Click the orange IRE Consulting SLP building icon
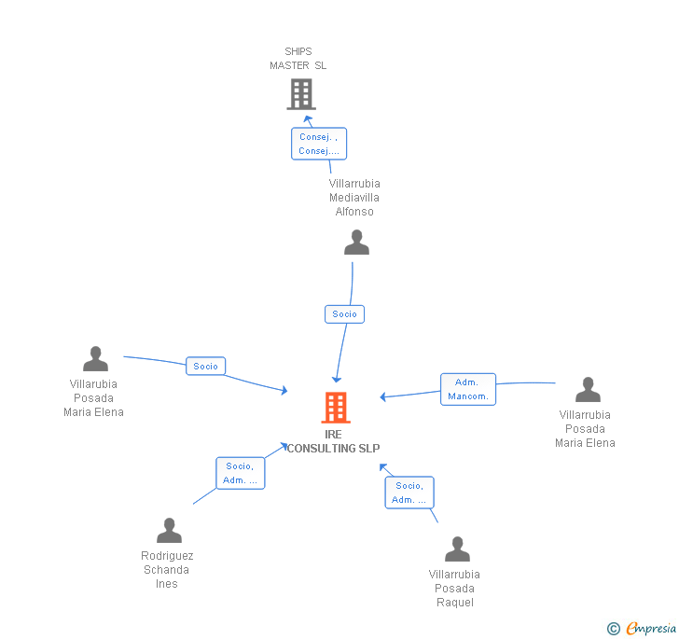pos(335,408)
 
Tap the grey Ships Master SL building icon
pos(300,94)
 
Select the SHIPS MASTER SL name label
pos(298,59)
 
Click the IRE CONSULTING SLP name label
pos(334,441)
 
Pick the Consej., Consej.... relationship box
pos(318,144)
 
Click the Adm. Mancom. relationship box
pos(467,389)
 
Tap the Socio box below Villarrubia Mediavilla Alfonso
pos(344,314)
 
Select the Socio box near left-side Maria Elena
pos(206,367)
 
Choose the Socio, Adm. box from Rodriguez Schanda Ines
pos(240,473)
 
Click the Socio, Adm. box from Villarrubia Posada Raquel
pos(409,493)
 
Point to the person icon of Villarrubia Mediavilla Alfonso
pos(356,243)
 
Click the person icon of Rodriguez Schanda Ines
pos(169,531)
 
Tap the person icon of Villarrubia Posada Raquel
pos(457,549)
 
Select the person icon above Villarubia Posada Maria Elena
pos(95,359)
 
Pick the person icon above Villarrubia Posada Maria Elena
pos(588,390)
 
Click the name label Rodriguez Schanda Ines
pos(168,570)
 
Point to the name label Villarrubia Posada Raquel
pos(454,589)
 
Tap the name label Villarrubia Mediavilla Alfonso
pos(354,198)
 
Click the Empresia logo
pos(643,629)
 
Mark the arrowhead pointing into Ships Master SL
pos(308,118)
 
